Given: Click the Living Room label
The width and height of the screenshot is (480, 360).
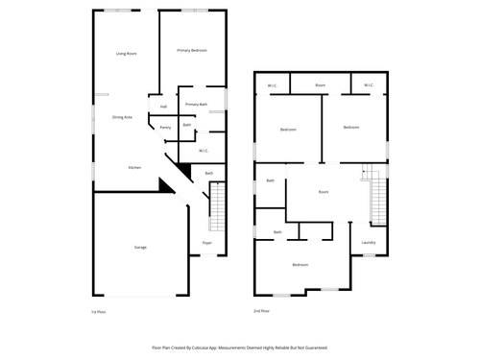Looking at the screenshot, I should (126, 54).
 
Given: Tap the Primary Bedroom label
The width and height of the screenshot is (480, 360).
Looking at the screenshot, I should (192, 50).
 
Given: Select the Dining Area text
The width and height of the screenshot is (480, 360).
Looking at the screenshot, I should (123, 116).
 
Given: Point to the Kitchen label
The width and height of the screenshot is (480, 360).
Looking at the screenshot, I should (135, 168).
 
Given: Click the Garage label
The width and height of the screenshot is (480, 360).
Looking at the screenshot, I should (140, 248).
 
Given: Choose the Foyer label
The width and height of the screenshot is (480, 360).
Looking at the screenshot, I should (206, 243).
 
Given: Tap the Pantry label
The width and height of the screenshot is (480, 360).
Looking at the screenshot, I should (165, 127).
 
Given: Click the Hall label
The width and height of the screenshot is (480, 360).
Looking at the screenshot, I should (164, 106).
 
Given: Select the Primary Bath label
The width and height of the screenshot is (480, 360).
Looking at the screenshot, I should (196, 104).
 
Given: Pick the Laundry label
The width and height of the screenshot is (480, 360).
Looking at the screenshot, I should (368, 242).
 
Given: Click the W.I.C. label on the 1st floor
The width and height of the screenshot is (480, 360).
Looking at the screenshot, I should (204, 151).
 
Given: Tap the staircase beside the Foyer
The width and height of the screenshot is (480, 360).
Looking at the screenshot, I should (217, 206).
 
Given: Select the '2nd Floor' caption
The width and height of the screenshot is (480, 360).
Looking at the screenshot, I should (262, 312).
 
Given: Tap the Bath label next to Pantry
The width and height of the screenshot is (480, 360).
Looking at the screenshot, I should (187, 125).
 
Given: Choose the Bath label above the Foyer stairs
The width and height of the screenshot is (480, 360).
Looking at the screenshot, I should (209, 174).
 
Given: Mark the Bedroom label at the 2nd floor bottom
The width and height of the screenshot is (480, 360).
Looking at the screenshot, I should (300, 264).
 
